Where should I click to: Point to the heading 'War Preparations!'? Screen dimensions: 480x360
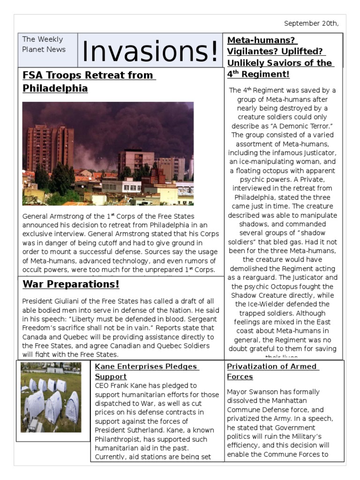(71, 284)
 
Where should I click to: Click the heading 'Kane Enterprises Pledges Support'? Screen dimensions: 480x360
(146, 371)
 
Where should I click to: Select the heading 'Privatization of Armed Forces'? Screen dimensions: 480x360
(272, 371)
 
